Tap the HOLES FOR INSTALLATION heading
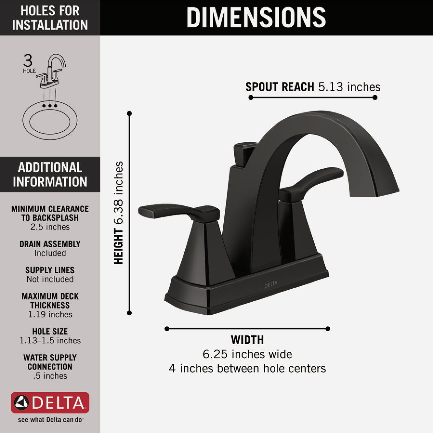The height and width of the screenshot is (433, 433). coord(50,18)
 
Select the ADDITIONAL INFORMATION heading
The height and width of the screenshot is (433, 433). coord(50,175)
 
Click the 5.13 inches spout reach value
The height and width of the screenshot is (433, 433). coord(349,87)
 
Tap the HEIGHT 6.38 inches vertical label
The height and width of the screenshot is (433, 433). coord(119,213)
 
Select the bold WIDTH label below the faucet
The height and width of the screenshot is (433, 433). coord(247,340)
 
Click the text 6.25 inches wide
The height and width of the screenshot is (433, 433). coord(247,354)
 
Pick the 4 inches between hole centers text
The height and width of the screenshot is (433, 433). coord(247,368)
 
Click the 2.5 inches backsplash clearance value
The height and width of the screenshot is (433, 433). coord(50,227)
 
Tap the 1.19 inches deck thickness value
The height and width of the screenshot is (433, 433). coord(50,314)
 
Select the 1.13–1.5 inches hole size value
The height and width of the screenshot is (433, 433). coord(50,340)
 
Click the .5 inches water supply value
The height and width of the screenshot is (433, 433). coord(50,376)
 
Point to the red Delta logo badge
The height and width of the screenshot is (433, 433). coord(50,402)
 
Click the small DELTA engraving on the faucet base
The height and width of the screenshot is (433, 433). coord(271,284)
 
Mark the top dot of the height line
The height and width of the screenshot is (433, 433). coord(130,113)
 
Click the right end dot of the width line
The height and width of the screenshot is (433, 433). coord(328,328)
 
